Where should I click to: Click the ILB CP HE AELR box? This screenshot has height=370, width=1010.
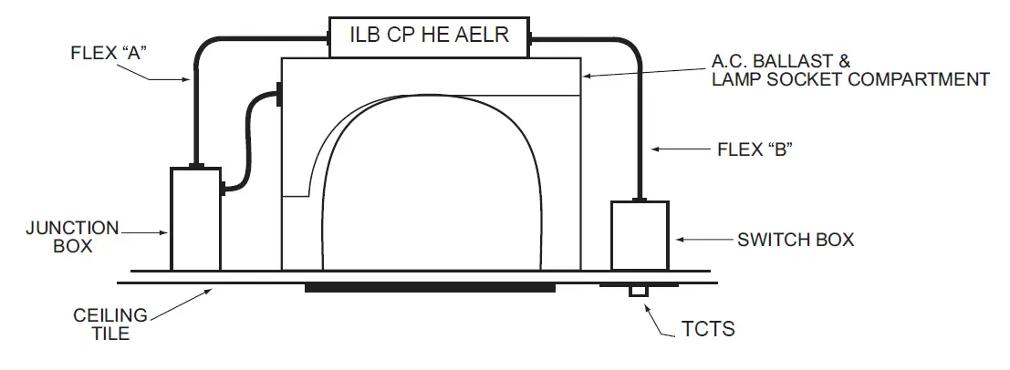point(429,36)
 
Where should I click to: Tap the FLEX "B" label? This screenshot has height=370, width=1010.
point(755,149)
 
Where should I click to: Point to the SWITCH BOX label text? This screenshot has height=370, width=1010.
point(795,240)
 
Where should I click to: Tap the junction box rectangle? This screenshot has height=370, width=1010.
point(194,219)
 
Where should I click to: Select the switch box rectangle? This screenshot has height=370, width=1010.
point(640,235)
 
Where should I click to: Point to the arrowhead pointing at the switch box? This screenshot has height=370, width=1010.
point(681,240)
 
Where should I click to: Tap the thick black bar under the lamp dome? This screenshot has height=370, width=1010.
point(430,288)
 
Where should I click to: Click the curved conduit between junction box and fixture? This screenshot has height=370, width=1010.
point(248,137)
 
